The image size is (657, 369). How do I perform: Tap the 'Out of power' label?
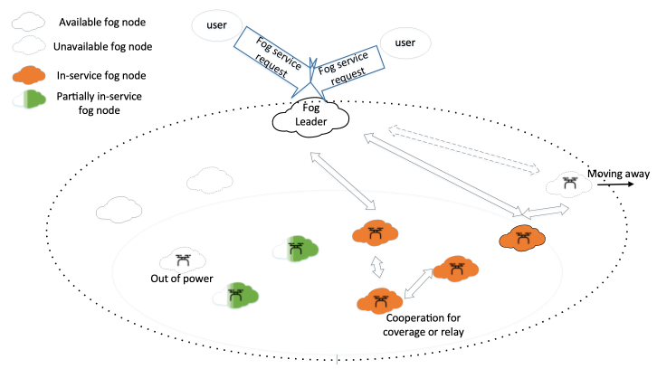click(181, 279)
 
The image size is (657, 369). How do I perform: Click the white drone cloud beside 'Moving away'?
click(568, 184)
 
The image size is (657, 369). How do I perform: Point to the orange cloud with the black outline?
click(522, 239)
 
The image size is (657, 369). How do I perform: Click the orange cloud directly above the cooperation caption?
click(380, 299)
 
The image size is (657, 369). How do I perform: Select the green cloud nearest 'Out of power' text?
click(237, 294)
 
